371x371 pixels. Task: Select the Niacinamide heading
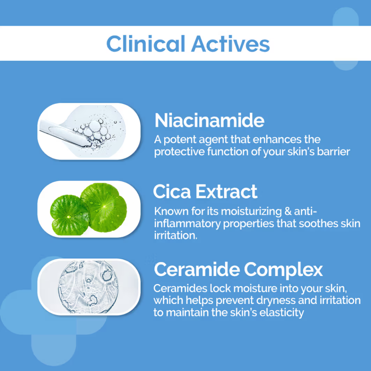click(x=209, y=120)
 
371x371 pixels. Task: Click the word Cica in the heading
click(x=172, y=191)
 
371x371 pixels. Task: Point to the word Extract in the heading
click(x=226, y=191)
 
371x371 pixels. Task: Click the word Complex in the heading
click(x=283, y=270)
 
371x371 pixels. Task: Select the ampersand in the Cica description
click(x=288, y=211)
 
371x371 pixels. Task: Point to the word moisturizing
click(x=251, y=211)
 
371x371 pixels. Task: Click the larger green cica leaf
click(x=104, y=207)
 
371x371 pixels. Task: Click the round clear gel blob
click(x=88, y=287)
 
